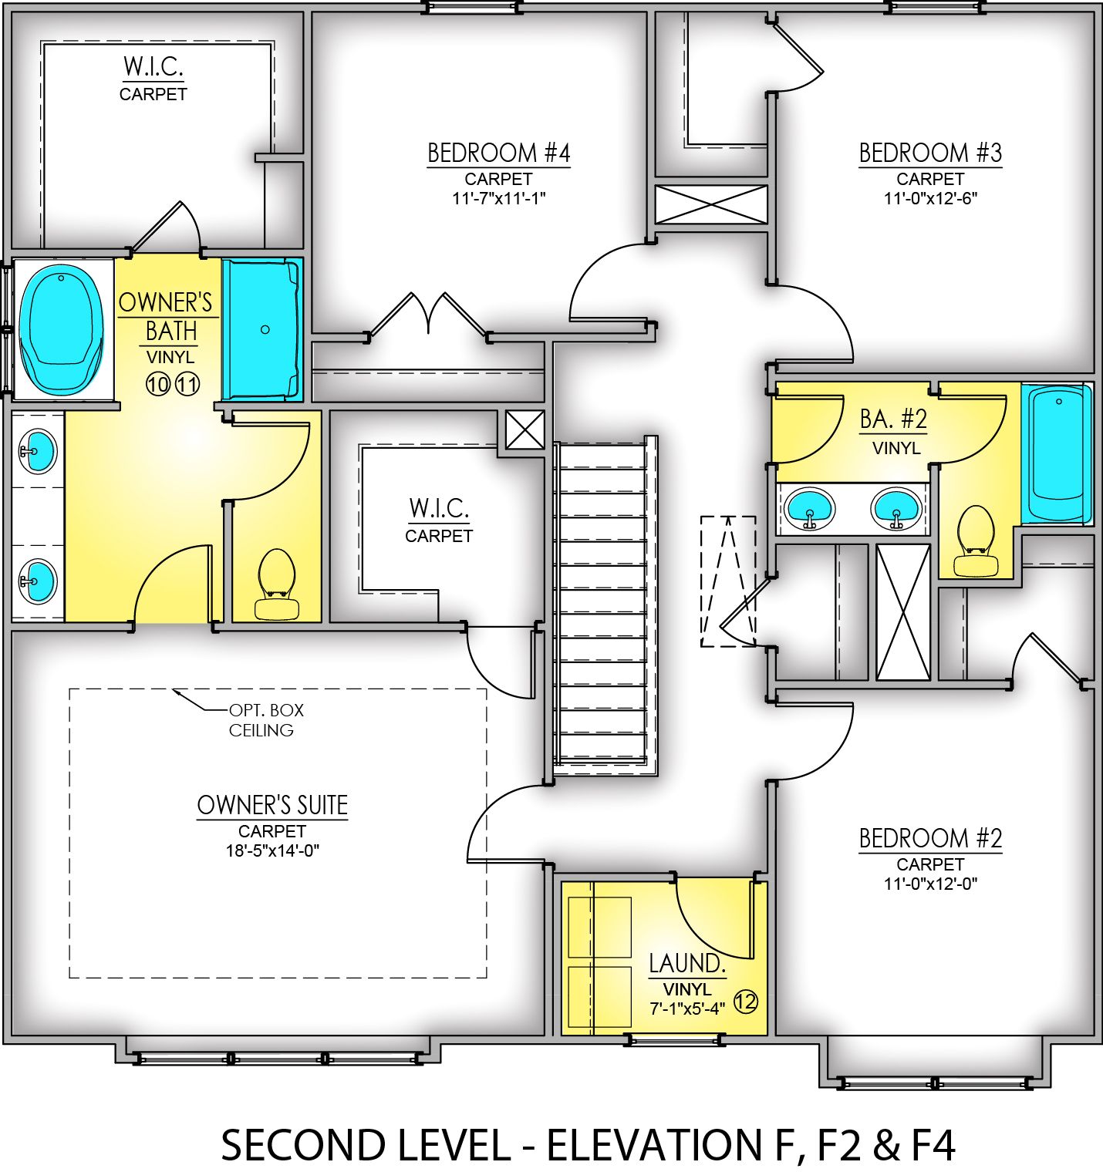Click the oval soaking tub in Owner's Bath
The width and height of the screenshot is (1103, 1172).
click(x=61, y=328)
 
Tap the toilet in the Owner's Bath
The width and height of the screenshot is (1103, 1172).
click(x=277, y=584)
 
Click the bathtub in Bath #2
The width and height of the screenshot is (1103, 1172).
click(x=1057, y=455)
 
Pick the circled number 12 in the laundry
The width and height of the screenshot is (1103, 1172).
click(x=745, y=1002)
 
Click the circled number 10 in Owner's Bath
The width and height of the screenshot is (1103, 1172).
click(x=158, y=383)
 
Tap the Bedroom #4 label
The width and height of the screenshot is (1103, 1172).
click(x=498, y=153)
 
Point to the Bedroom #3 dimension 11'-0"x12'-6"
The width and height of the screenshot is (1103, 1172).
click(x=930, y=198)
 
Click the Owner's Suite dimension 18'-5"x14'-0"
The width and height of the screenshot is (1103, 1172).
click(x=272, y=850)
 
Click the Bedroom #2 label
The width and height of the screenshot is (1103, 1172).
click(x=930, y=838)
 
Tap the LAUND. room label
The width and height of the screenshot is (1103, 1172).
click(x=686, y=964)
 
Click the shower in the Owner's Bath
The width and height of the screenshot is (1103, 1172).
click(x=261, y=329)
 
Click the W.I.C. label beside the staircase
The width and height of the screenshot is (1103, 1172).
click(x=438, y=509)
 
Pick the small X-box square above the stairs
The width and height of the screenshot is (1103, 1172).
click(x=525, y=429)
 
